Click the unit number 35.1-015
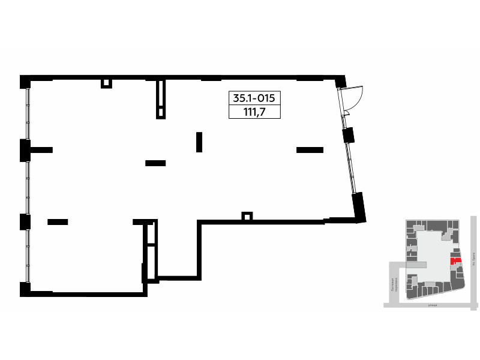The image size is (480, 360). (x=255, y=98)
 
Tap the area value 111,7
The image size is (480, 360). (x=255, y=112)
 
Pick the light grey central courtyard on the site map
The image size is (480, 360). (x=428, y=246)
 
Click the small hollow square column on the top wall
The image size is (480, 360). (x=106, y=83)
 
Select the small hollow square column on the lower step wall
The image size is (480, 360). (x=246, y=216)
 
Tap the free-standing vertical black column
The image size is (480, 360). (x=199, y=142)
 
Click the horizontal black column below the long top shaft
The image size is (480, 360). (x=155, y=163)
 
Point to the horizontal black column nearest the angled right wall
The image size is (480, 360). (x=310, y=150)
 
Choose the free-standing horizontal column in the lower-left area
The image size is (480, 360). (x=58, y=222)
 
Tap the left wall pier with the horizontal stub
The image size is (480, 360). (x=26, y=149)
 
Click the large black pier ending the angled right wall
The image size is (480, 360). (x=359, y=207)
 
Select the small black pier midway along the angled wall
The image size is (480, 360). (x=348, y=135)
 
